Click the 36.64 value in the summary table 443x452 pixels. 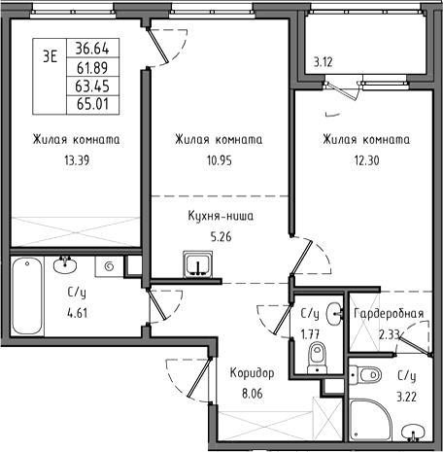coord(92,49)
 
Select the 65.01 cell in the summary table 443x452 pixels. coord(92,104)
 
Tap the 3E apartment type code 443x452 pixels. coord(50,56)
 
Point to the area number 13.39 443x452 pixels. coord(77,160)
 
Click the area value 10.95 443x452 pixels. coord(220,160)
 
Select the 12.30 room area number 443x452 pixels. coord(366,160)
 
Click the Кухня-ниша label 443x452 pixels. coord(221,216)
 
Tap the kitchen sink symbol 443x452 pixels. coord(197,264)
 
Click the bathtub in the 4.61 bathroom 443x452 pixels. coord(27,296)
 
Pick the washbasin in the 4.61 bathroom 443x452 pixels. coord(65,264)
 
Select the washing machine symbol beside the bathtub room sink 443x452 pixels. coord(109,266)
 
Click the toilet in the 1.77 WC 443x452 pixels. coord(317,358)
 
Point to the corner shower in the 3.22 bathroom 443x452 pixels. coord(371,420)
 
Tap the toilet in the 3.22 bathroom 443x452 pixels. coord(365,375)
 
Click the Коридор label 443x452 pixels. coord(252,373)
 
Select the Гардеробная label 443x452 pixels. coord(389,313)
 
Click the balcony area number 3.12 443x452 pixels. coord(323,62)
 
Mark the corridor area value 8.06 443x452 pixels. coord(253,394)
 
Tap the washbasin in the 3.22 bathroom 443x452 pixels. coord(412,433)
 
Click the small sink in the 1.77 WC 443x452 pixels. coord(334,314)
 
